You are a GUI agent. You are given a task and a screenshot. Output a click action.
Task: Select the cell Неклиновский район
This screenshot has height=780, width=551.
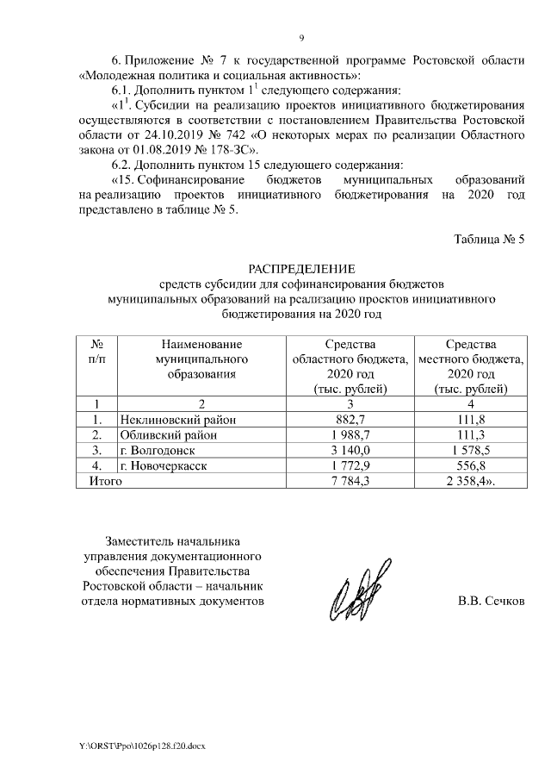click(x=177, y=419)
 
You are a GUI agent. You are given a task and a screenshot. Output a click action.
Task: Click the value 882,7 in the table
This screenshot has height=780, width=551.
click(x=351, y=419)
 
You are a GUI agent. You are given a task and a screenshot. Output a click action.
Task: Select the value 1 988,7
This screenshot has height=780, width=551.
click(x=351, y=434)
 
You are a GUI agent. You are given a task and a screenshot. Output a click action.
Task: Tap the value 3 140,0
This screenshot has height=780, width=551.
click(x=351, y=450)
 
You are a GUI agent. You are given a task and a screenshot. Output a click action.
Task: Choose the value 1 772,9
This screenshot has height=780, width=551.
click(x=351, y=465)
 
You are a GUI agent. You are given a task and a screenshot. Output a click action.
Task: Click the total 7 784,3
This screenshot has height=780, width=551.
click(x=351, y=481)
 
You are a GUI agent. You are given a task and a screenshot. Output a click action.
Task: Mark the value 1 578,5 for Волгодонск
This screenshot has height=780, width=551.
click(x=470, y=450)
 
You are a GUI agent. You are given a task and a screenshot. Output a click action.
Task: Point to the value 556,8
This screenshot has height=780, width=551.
click(x=470, y=465)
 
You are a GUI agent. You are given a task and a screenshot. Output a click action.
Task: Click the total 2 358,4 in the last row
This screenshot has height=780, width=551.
click(x=472, y=481)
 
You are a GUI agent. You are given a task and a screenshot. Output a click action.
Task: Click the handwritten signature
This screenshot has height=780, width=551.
click(x=356, y=594)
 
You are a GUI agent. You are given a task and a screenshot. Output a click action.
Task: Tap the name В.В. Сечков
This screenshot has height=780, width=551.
click(x=491, y=601)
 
